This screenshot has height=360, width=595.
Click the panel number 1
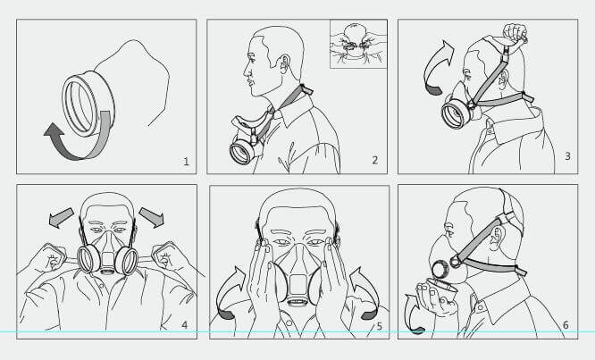tap(186, 162)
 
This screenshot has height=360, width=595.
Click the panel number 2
tap(375, 162)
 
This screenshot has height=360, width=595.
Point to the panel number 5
tap(379, 326)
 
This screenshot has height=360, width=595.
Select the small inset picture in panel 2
tap(358, 44)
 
